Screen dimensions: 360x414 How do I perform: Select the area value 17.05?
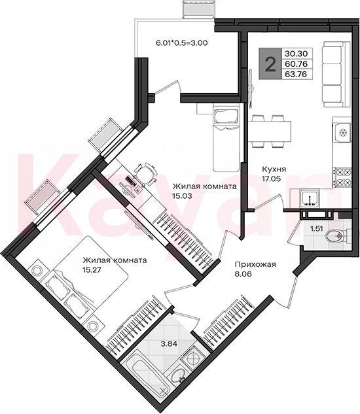pyautogui.click(x=271, y=179)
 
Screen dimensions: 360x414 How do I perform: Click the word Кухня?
pyautogui.click(x=274, y=169)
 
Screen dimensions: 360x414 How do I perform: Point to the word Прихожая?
pyautogui.click(x=255, y=264)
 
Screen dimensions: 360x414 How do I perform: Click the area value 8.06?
pyautogui.click(x=243, y=274)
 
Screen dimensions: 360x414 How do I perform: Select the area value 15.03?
pyautogui.click(x=182, y=196)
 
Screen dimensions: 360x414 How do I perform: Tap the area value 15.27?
pyautogui.click(x=92, y=270)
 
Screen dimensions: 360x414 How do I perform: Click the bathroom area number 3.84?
pyautogui.click(x=169, y=344)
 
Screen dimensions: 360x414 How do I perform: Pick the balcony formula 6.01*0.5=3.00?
pyautogui.click(x=182, y=43)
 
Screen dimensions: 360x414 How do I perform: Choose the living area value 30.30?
pyautogui.click(x=296, y=54)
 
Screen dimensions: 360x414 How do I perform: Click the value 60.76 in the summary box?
pyautogui.click(x=296, y=64)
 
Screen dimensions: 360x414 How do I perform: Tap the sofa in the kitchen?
pyautogui.click(x=333, y=74)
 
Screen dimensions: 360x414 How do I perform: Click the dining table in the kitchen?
pyautogui.click(x=269, y=131)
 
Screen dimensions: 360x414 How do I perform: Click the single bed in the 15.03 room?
pyautogui.click(x=226, y=137)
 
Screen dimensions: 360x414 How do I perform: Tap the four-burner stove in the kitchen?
pyautogui.click(x=342, y=177)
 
